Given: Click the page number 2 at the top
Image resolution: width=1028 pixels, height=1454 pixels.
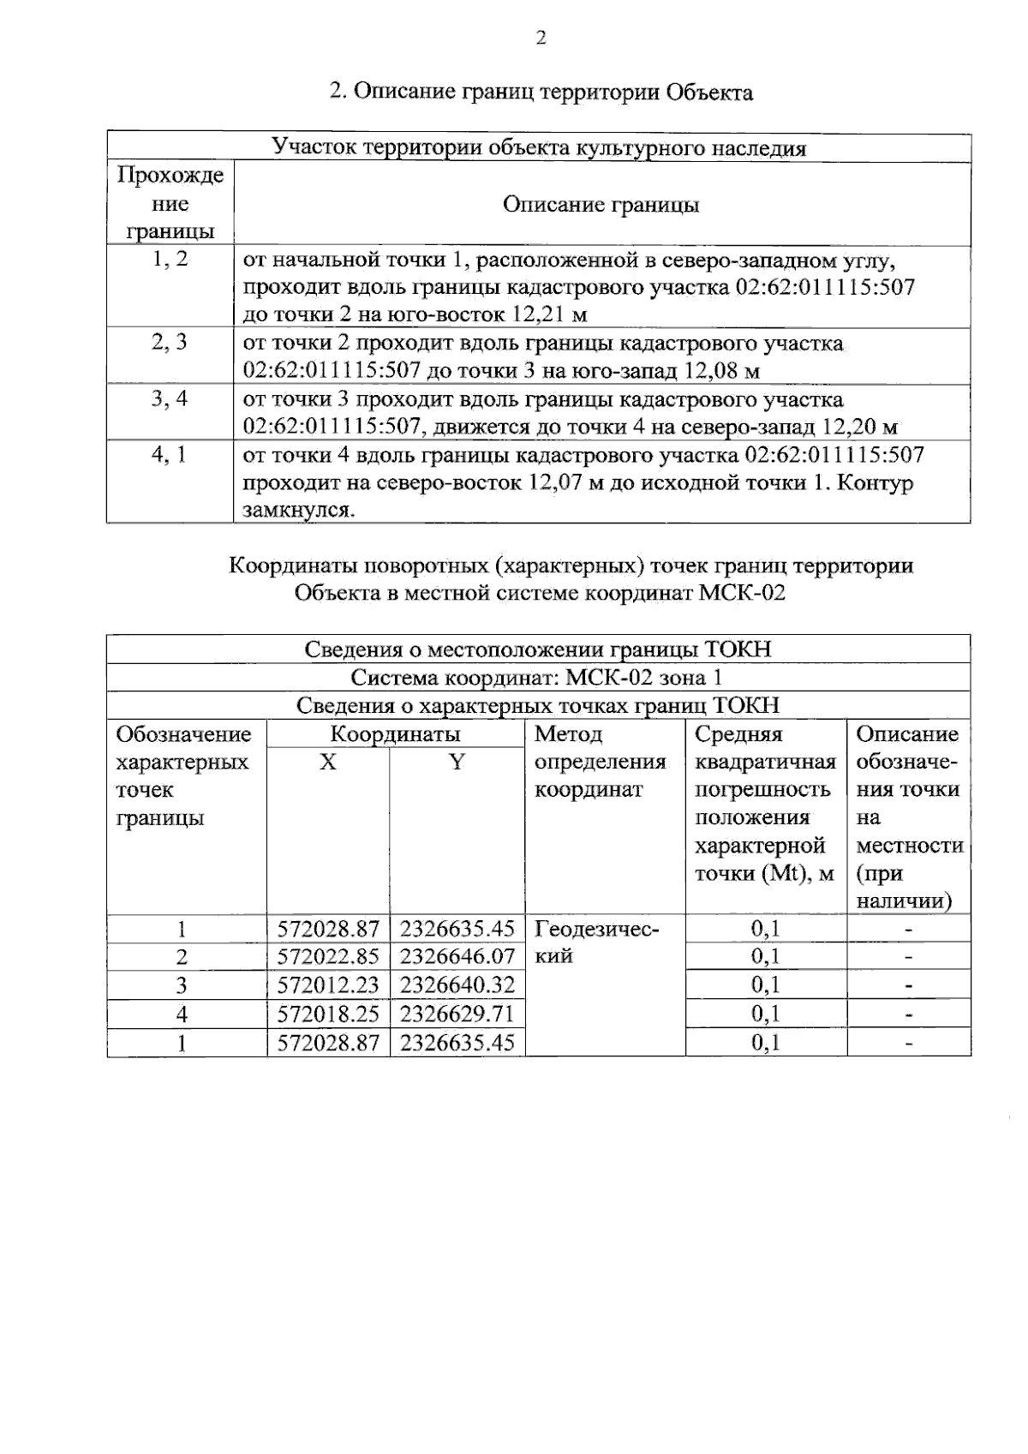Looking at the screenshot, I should [540, 39].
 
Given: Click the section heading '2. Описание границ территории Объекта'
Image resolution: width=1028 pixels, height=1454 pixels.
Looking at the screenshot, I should [541, 92].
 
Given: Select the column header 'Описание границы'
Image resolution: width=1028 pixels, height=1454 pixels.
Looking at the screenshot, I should [601, 205].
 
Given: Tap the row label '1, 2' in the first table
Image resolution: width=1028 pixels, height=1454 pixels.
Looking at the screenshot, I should [170, 259].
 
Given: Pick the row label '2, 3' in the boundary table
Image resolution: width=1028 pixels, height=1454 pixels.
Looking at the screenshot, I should [170, 343].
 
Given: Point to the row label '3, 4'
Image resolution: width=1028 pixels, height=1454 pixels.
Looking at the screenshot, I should [170, 399].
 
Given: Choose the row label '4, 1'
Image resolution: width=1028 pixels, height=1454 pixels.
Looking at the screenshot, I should [170, 455].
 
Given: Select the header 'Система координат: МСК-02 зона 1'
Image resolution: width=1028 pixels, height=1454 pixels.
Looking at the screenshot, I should [537, 678].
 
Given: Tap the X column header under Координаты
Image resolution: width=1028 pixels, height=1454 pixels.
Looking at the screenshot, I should [328, 762].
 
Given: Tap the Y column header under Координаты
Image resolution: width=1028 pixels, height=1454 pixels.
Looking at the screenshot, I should [457, 762].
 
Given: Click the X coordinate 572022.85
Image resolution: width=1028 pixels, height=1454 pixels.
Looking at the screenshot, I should [328, 956].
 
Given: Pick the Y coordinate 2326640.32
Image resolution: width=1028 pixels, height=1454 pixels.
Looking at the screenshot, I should [457, 984].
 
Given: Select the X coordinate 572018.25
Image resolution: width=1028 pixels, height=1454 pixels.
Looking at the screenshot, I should [328, 1014].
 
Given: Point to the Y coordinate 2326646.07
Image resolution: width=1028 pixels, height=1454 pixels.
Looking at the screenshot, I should [457, 956].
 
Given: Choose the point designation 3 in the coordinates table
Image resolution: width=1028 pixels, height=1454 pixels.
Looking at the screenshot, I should [182, 984].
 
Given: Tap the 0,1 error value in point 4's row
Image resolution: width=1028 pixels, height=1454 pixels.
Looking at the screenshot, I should [766, 1014].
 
